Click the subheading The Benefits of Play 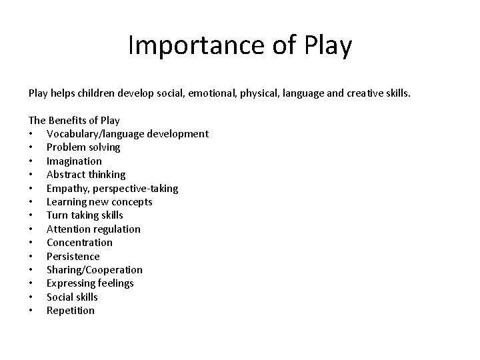click(x=73, y=121)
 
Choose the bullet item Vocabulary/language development click(x=127, y=134)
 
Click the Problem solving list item click(x=83, y=147)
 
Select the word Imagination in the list click(x=74, y=161)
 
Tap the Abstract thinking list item click(x=86, y=175)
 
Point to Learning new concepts click(x=99, y=202)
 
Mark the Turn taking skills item click(x=85, y=215)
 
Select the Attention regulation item click(x=93, y=229)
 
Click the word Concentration click(x=79, y=243)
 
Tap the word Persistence click(x=73, y=257)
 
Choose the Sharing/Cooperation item click(x=94, y=270)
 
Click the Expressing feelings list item click(x=90, y=283)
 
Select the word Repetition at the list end click(x=71, y=311)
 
